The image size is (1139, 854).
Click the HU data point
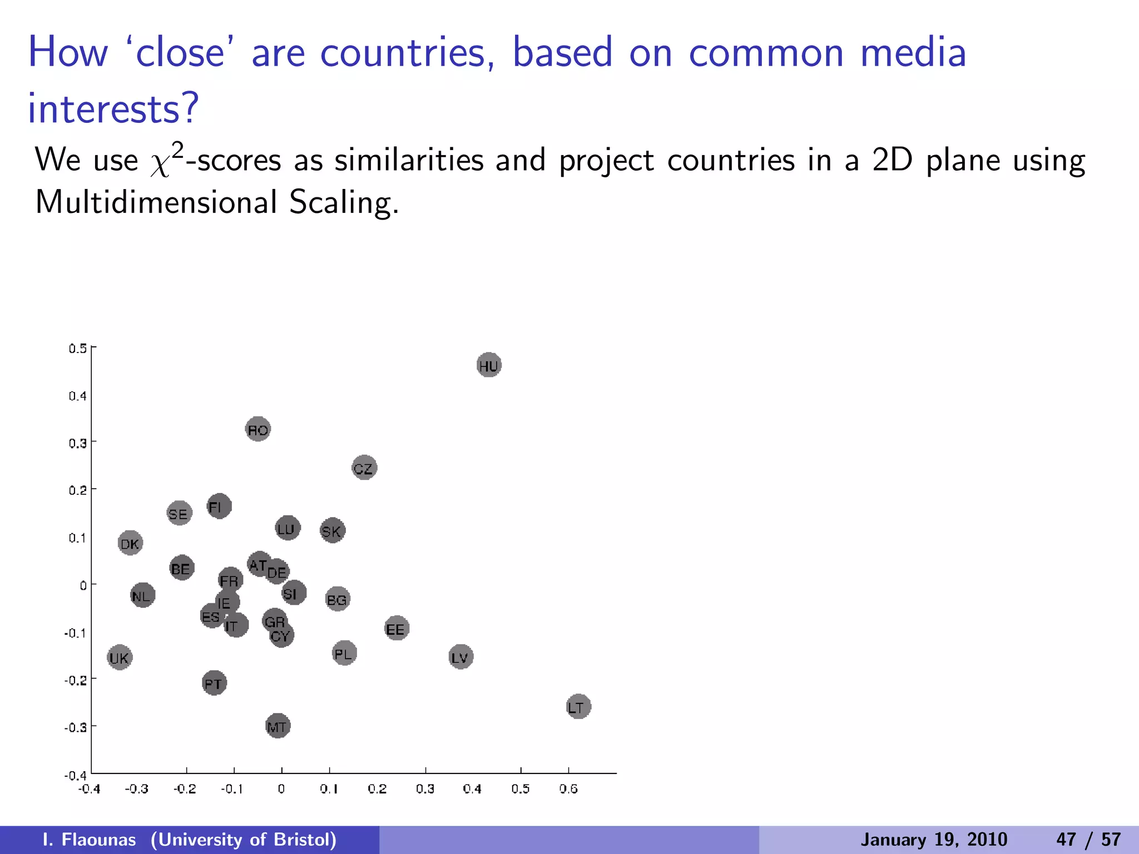click(x=489, y=365)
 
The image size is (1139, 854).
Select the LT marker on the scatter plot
click(x=578, y=707)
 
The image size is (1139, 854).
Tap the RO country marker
click(x=258, y=429)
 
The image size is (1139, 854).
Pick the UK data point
click(x=120, y=658)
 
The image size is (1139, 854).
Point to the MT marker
click(x=278, y=726)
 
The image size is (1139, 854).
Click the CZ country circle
click(x=364, y=468)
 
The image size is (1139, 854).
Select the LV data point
click(x=460, y=657)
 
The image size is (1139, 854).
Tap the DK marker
click(x=131, y=543)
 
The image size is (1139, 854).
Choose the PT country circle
click(x=214, y=683)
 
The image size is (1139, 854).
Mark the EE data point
click(x=396, y=629)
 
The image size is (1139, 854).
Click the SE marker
click(x=179, y=513)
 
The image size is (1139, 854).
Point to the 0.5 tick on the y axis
click(x=78, y=349)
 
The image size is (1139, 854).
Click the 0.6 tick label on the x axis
click(x=568, y=789)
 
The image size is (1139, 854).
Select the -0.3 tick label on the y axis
click(x=76, y=728)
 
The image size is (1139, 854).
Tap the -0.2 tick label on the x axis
click(x=185, y=789)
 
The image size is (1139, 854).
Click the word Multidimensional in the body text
click(x=156, y=202)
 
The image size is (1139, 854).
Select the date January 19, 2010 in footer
click(x=934, y=840)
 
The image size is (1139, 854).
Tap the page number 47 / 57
click(x=1088, y=840)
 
